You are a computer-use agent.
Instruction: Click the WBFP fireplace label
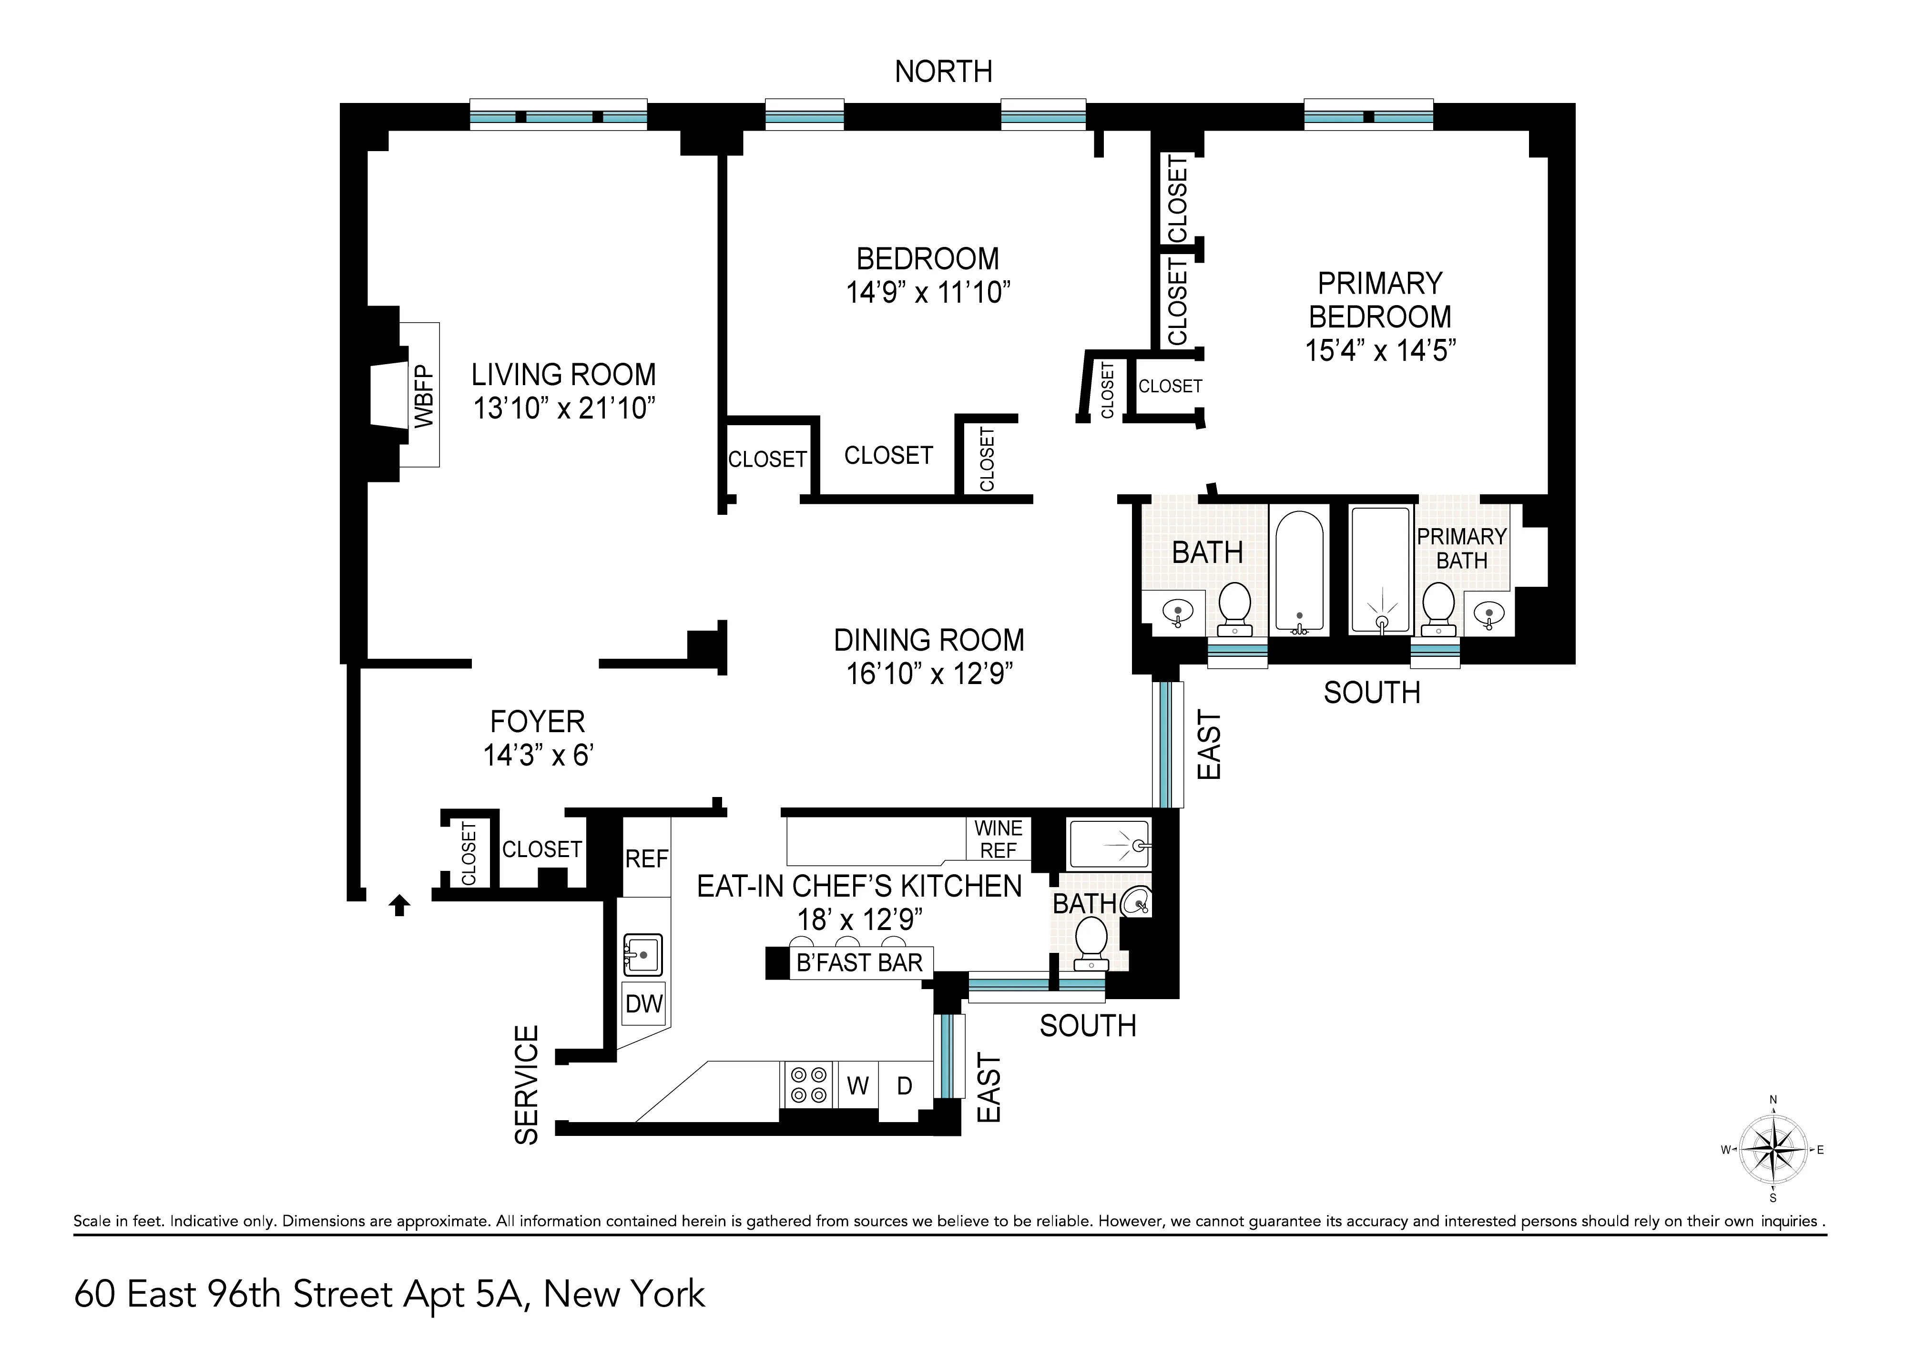point(424,396)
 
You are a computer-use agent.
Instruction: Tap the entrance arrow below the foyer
point(399,905)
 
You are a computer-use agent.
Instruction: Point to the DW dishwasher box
point(643,1004)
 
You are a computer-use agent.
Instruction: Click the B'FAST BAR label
point(859,963)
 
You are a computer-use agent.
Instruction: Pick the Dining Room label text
point(928,641)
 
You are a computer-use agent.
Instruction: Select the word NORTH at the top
point(943,72)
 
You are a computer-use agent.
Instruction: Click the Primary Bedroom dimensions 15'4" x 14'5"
point(1380,350)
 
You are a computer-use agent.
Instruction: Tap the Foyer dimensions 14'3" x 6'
point(538,755)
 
